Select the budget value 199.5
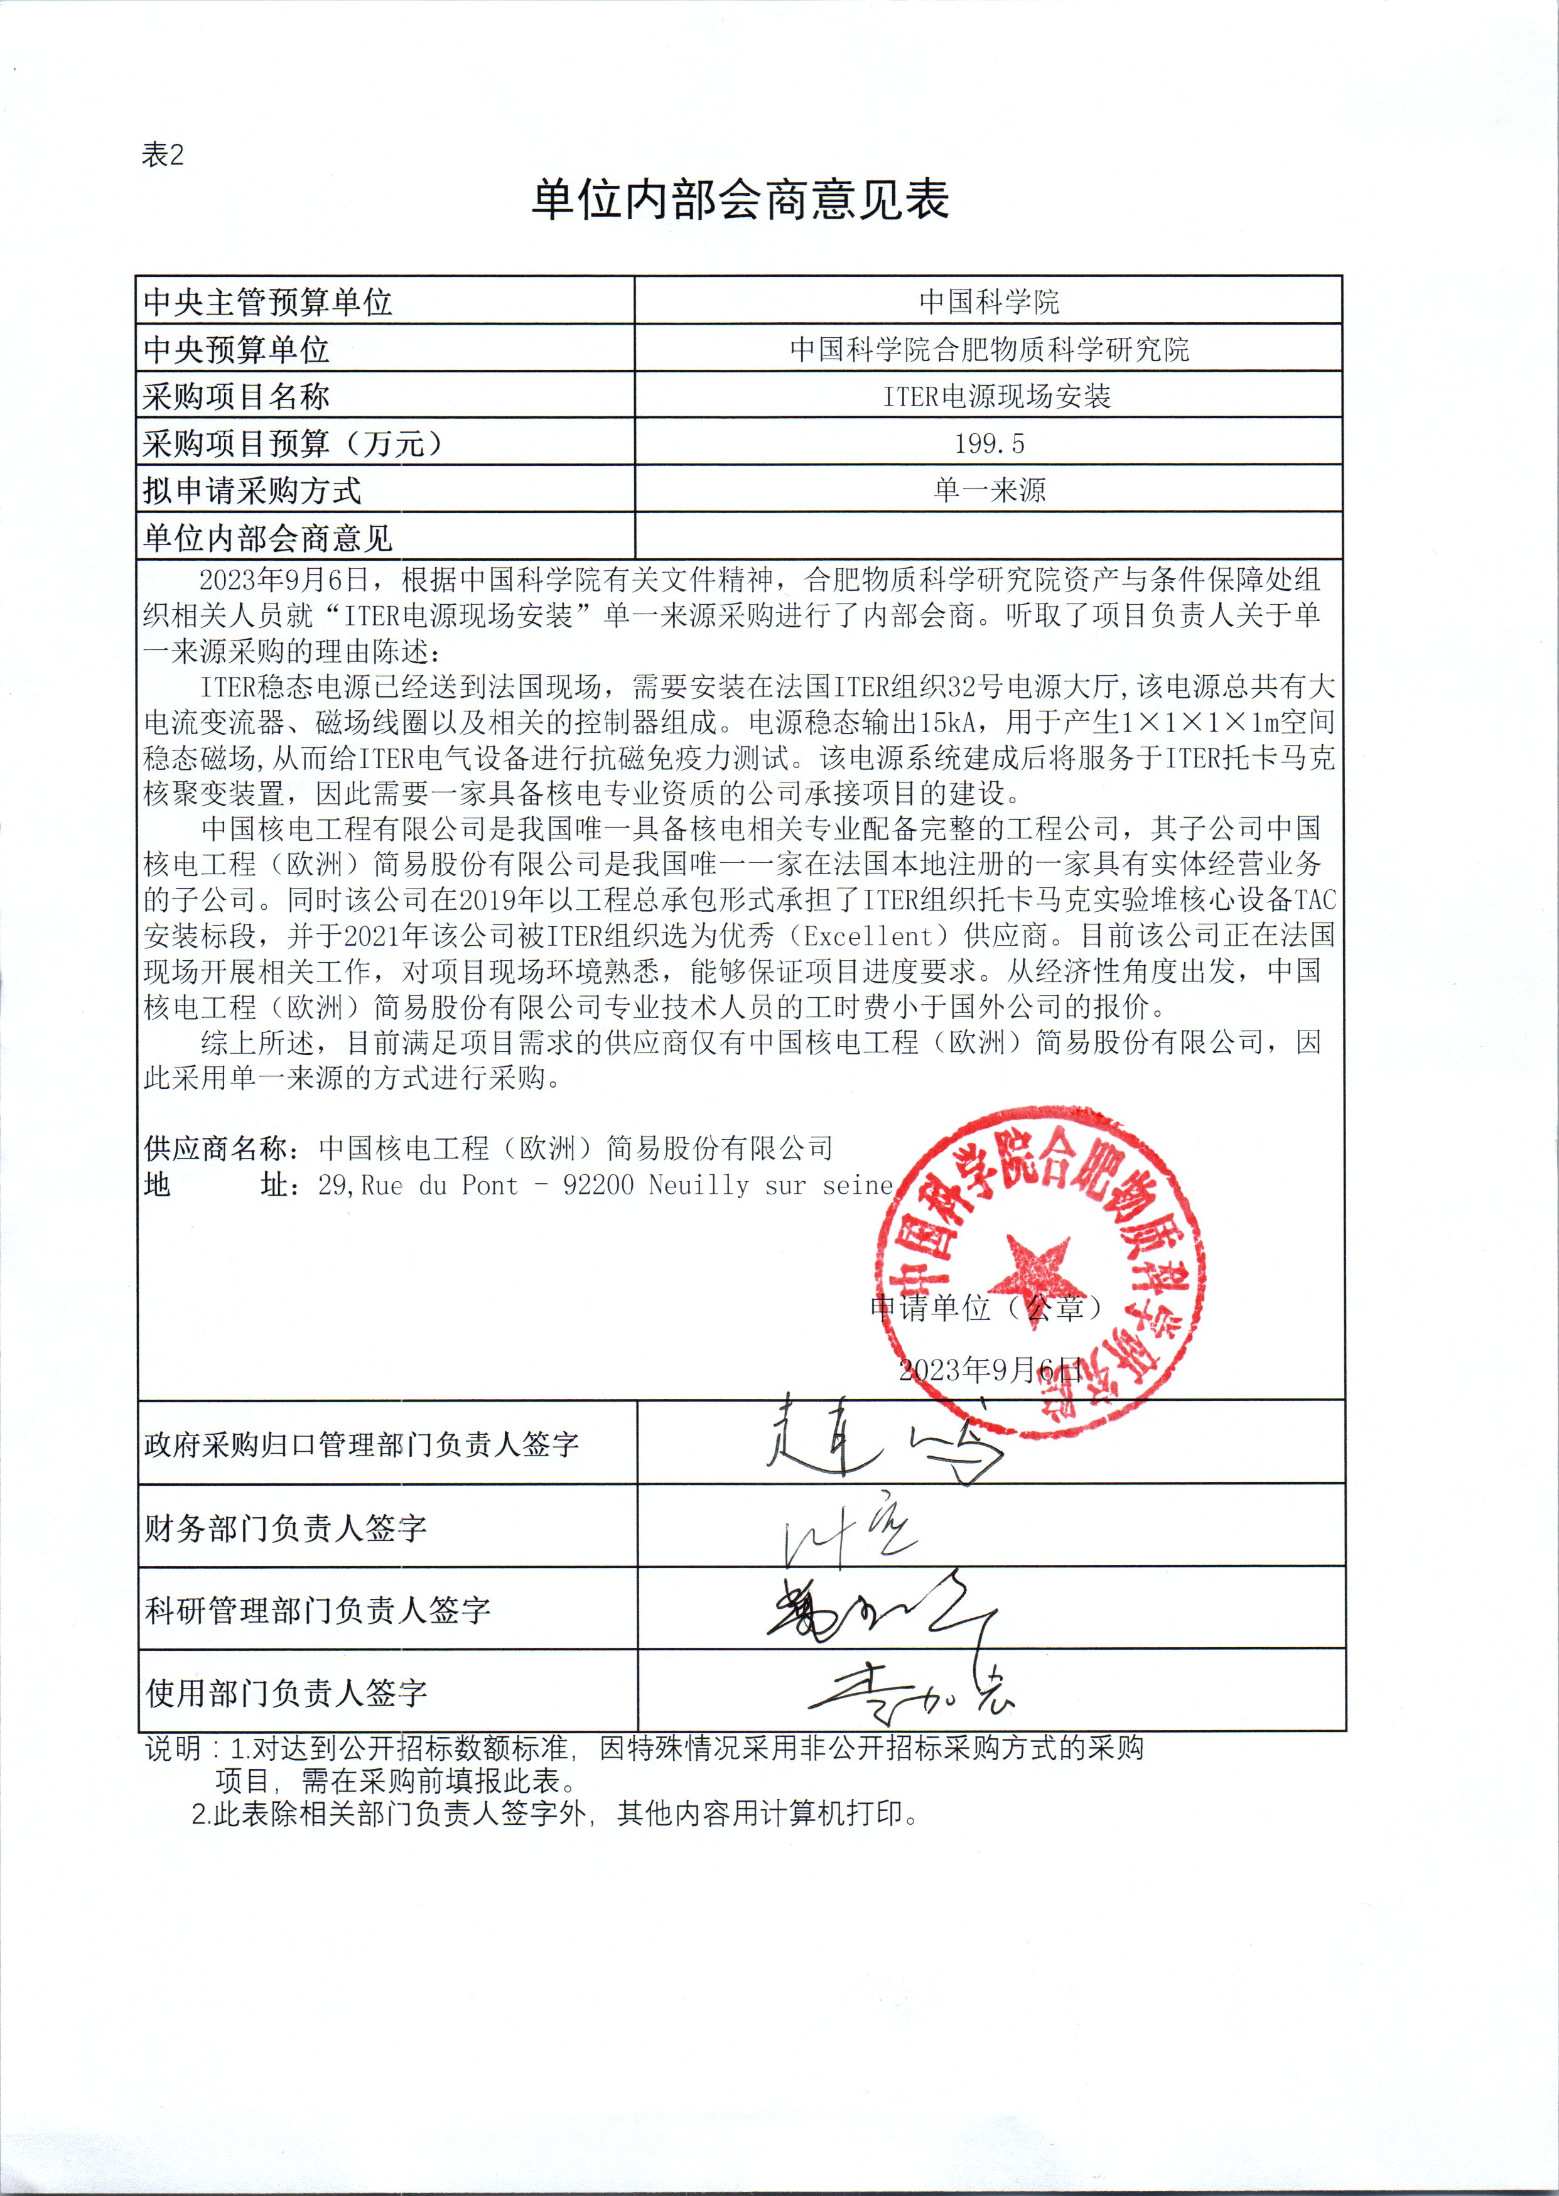pyautogui.click(x=989, y=443)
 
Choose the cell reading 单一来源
pyautogui.click(x=989, y=490)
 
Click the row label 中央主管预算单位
pyautogui.click(x=268, y=303)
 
